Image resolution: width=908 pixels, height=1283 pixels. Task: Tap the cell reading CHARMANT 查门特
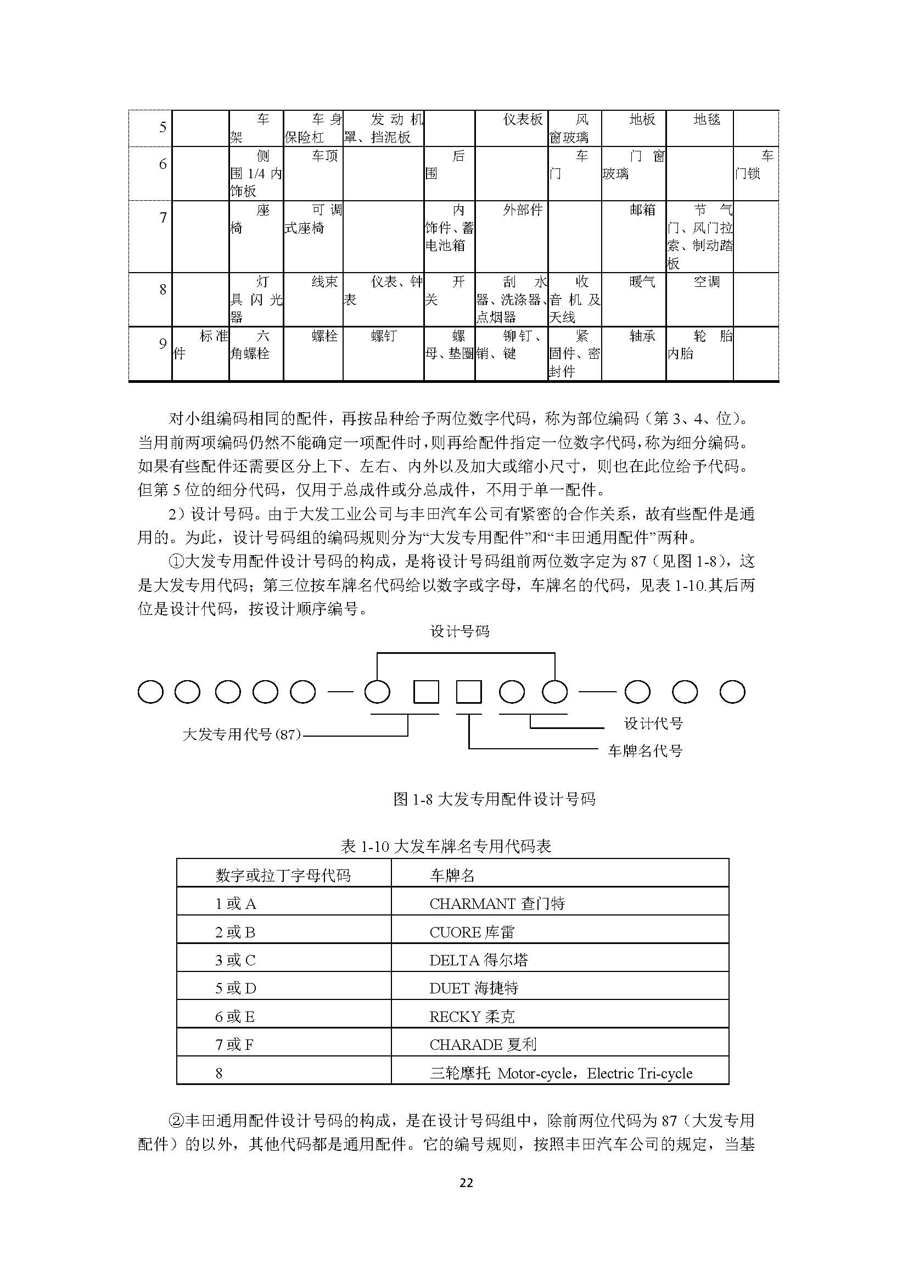[x=497, y=903]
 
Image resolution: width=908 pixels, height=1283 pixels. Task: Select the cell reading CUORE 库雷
[x=472, y=932]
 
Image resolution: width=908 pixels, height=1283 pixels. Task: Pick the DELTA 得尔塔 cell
[x=479, y=960]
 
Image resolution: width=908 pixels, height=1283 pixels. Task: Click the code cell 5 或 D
[x=236, y=988]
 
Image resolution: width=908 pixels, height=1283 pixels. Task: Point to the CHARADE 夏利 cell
[x=483, y=1044]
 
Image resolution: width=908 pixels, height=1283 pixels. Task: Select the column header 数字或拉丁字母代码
[x=283, y=875]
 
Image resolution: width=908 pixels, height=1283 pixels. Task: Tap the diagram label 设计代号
[x=653, y=724]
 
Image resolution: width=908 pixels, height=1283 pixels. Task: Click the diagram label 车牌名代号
[x=644, y=750]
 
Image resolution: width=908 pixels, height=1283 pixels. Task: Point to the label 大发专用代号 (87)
[x=242, y=734]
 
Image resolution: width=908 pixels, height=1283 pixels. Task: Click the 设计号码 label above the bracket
[x=459, y=631]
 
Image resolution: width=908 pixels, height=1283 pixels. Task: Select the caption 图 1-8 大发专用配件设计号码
[x=494, y=799]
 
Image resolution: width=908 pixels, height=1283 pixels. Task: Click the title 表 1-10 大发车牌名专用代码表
[x=446, y=846]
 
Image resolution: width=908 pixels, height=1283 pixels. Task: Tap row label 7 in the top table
[x=162, y=217]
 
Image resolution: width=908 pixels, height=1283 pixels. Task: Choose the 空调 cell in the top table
[x=707, y=281]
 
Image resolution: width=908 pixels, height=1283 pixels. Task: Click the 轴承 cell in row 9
[x=642, y=336]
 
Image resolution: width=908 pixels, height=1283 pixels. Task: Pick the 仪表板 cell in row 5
[x=523, y=119]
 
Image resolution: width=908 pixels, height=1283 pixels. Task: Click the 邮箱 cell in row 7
[x=642, y=210]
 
